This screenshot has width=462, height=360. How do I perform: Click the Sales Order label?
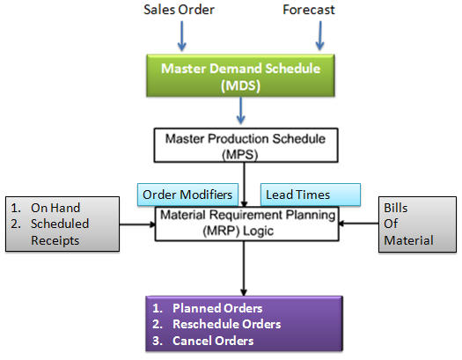(179, 10)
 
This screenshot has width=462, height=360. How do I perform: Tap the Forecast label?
(309, 10)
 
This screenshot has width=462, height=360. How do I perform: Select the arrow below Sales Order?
(182, 35)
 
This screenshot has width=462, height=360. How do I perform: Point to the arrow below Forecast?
(320, 35)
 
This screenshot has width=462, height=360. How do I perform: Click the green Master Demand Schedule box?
(240, 76)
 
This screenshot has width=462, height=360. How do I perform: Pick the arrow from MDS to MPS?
(241, 111)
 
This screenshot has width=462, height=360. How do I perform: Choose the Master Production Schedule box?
(246, 145)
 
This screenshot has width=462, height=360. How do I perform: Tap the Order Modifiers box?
(187, 195)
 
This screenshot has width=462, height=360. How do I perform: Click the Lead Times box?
(311, 195)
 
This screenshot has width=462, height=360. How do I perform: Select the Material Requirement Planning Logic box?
(247, 224)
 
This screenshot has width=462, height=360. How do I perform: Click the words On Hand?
(55, 208)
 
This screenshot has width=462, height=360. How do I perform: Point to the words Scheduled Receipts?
(60, 231)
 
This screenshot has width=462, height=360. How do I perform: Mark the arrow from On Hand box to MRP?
(137, 224)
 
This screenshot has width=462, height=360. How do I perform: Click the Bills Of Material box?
(417, 224)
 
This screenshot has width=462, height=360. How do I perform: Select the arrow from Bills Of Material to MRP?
(358, 224)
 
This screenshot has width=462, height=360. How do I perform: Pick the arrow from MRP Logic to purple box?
(244, 268)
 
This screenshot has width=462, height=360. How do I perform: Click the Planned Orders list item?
(207, 308)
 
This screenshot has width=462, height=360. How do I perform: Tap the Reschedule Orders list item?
(216, 324)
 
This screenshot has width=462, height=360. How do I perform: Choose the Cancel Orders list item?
(202, 341)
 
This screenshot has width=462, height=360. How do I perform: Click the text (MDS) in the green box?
(241, 85)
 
